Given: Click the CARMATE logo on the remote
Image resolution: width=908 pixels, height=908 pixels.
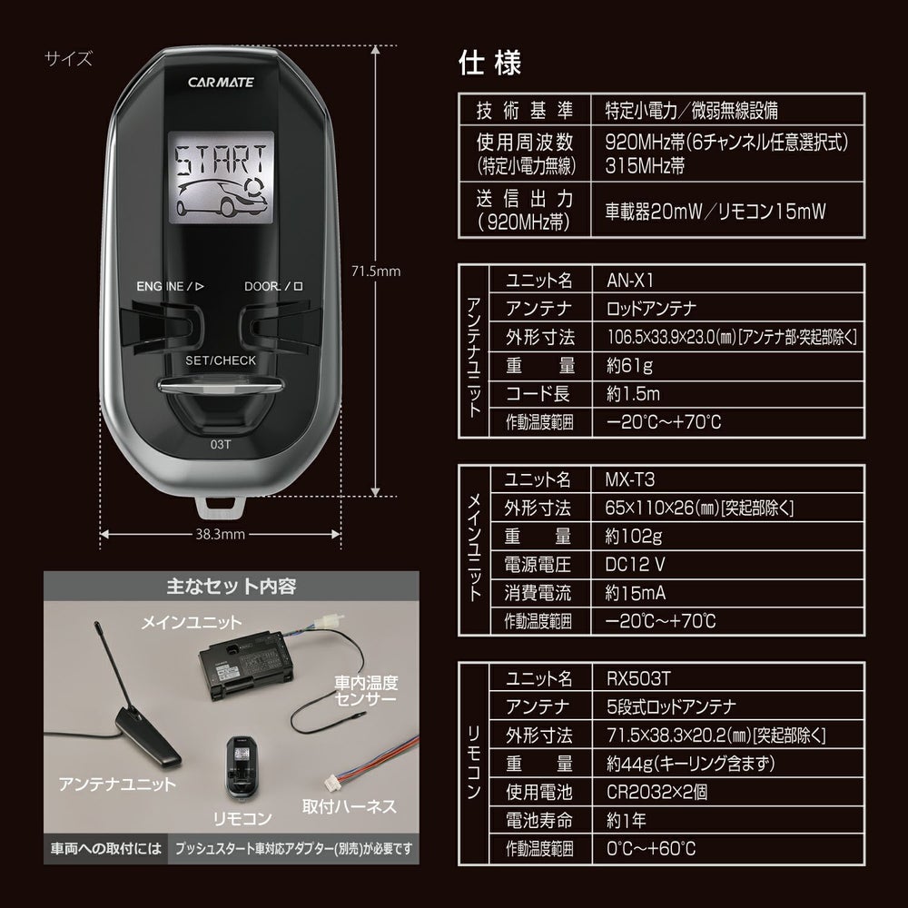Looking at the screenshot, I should pyautogui.click(x=221, y=82).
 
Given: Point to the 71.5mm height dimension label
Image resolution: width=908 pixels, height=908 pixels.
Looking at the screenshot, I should pyautogui.click(x=375, y=271).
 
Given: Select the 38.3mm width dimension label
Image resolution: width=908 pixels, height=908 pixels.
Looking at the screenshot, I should pyautogui.click(x=221, y=534).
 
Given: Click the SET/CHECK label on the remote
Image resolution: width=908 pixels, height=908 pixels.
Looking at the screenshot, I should pyautogui.click(x=221, y=360).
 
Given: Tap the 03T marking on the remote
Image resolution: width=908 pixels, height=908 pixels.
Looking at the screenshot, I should pyautogui.click(x=221, y=445).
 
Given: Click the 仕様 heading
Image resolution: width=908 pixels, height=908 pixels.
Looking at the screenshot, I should pyautogui.click(x=490, y=65).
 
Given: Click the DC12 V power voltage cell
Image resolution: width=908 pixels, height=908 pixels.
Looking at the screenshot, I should pyautogui.click(x=636, y=564).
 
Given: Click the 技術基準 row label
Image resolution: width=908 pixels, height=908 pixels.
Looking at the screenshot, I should pyautogui.click(x=525, y=111).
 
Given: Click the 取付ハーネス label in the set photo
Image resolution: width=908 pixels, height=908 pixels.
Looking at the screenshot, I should pyautogui.click(x=349, y=805).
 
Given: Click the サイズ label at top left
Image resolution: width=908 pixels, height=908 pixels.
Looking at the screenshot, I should pyautogui.click(x=68, y=61).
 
